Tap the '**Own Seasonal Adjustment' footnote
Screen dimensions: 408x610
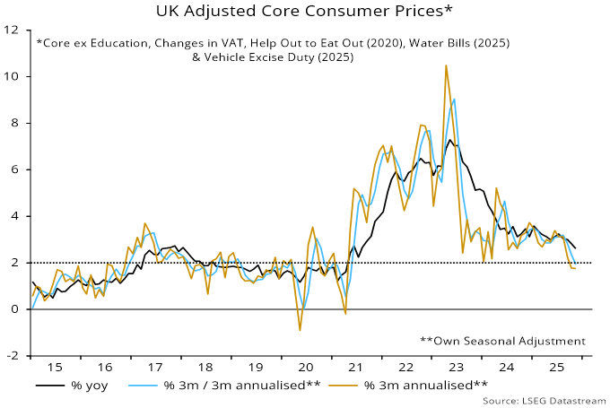click(x=502, y=341)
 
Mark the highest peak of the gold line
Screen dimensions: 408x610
click(x=446, y=65)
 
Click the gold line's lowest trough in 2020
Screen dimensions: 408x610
click(x=300, y=330)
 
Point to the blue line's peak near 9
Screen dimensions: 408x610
click(x=455, y=99)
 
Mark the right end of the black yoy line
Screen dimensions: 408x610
click(x=575, y=248)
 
